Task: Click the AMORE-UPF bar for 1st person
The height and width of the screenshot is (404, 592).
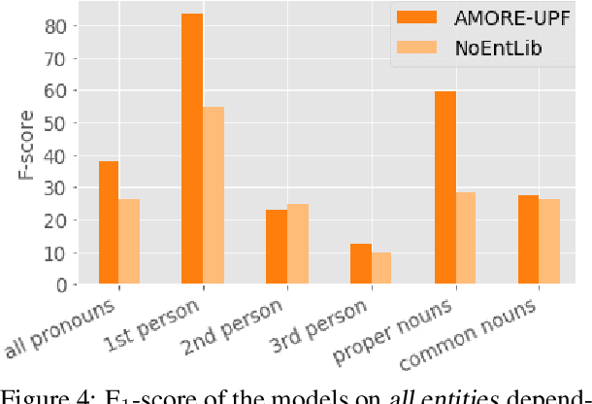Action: click(192, 150)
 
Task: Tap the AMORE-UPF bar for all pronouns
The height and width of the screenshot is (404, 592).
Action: click(109, 223)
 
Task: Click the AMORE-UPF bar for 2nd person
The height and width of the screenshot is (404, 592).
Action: click(277, 248)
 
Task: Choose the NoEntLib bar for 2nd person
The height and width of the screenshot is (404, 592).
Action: click(297, 245)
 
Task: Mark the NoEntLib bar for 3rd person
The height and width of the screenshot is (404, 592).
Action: click(381, 269)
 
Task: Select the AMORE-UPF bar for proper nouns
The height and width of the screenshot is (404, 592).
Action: click(444, 188)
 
